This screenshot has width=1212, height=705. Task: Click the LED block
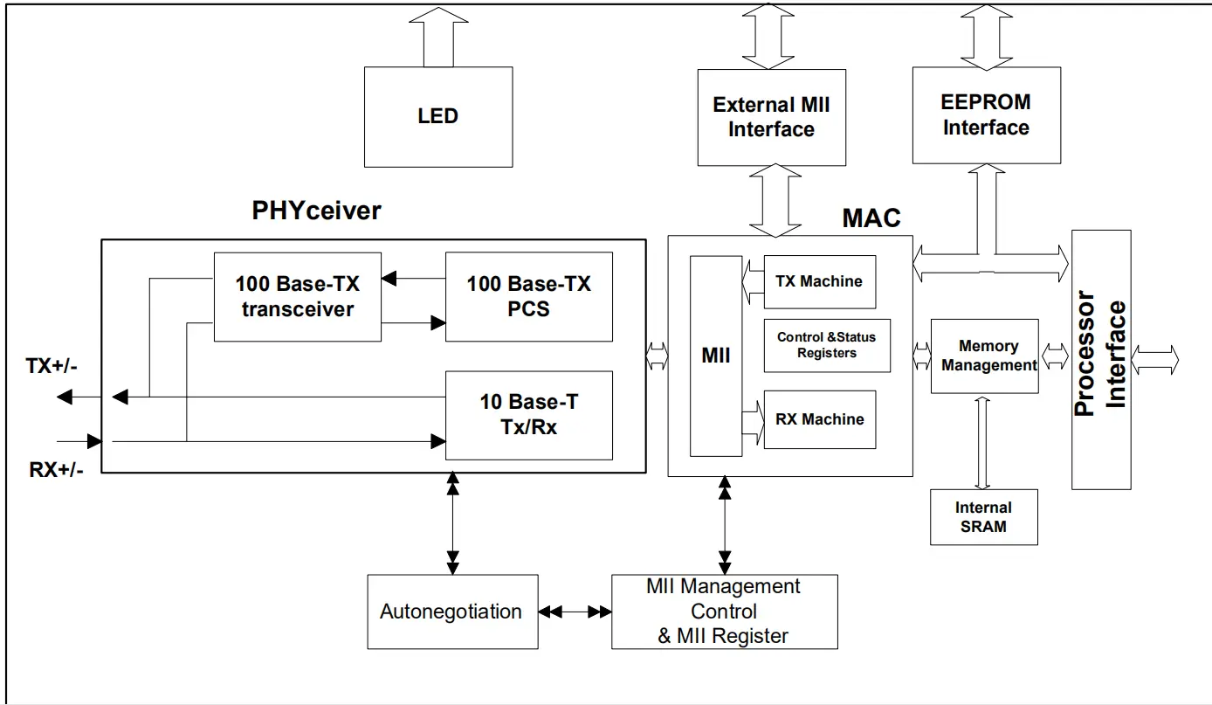tap(437, 116)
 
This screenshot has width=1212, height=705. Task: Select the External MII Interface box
tap(771, 117)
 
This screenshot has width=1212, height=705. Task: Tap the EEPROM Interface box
tap(986, 115)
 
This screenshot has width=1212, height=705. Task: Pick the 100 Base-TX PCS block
tap(528, 297)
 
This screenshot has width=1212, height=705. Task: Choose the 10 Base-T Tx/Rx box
tap(528, 415)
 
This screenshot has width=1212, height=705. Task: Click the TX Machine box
tap(819, 281)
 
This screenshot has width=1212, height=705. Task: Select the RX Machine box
tap(819, 419)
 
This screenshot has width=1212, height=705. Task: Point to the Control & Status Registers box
tap(826, 345)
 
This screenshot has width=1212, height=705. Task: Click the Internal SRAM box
tap(983, 517)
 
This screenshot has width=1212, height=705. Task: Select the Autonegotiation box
tap(451, 612)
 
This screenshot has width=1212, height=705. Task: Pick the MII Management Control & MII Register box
tap(724, 612)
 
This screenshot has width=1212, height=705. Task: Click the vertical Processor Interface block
tap(1100, 359)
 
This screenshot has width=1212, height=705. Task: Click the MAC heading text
tap(871, 218)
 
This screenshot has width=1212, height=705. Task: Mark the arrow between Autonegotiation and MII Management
tap(575, 612)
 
